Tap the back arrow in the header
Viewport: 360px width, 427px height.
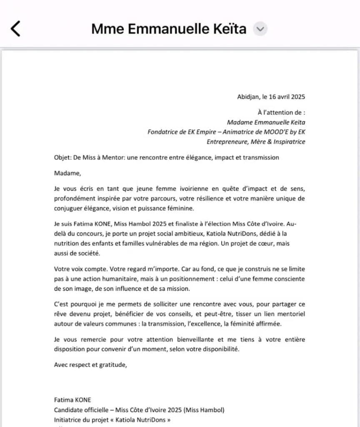15,29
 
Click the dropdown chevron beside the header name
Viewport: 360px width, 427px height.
260,29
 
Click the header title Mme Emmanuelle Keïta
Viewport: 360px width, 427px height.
169,29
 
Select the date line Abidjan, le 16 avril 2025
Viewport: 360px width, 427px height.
271,97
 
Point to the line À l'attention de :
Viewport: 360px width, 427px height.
282,112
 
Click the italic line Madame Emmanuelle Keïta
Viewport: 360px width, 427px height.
266,122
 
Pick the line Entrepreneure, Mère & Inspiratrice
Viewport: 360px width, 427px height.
256,142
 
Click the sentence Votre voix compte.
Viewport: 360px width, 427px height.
80,269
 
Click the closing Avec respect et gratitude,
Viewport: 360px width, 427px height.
90,364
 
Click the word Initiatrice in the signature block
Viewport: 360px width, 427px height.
67,419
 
